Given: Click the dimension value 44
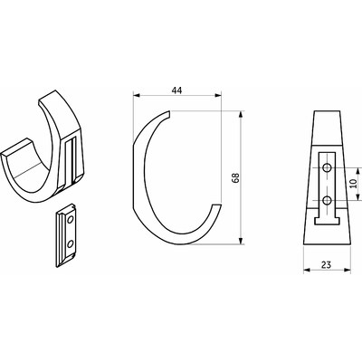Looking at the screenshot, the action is tap(176, 90).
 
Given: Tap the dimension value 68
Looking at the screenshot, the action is tap(235, 178).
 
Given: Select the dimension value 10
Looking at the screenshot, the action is tap(354, 184).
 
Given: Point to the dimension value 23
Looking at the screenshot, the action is tap(326, 265).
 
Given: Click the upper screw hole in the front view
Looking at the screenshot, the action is tap(327, 167).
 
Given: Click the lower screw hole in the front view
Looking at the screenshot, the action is tap(327, 200).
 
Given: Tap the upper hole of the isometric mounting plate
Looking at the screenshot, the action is tap(71, 220).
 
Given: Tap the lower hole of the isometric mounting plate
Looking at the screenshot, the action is tap(70, 243).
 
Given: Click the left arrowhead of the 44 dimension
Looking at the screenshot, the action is tap(137, 95).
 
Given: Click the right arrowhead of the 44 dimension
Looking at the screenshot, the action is tap(218, 95).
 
